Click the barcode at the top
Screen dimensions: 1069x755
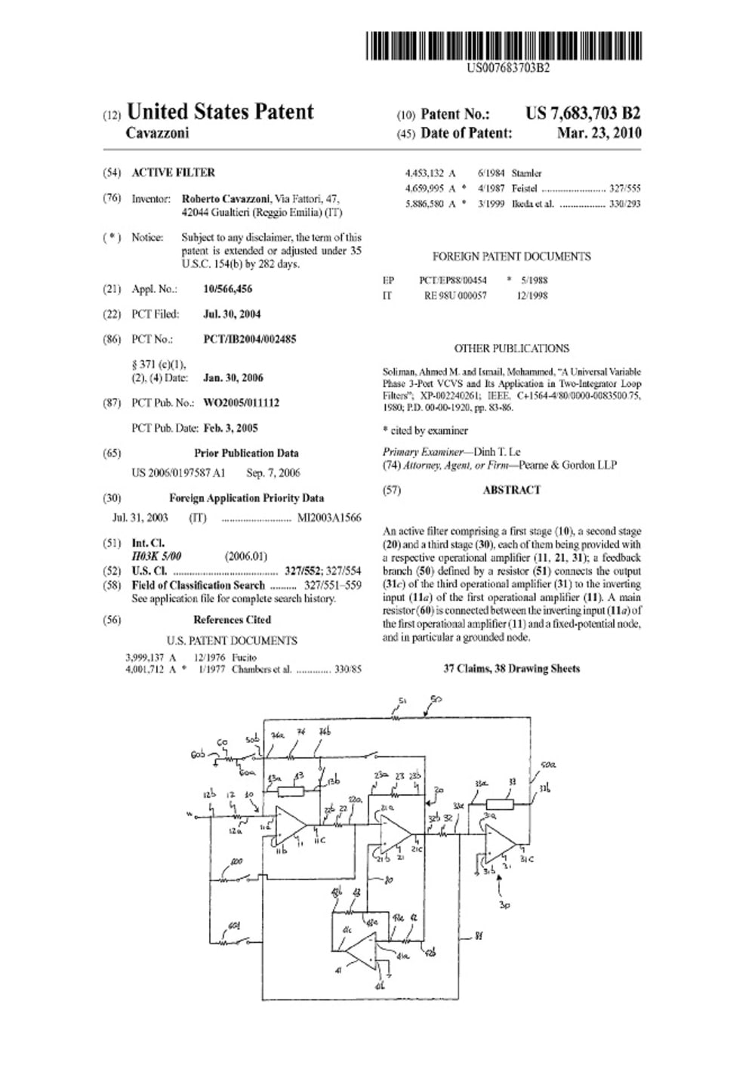pyautogui.click(x=504, y=45)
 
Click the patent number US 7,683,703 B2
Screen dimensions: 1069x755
pyautogui.click(x=583, y=113)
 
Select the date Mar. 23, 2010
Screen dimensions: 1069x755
pyautogui.click(x=599, y=133)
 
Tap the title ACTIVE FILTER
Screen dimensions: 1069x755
pyautogui.click(x=173, y=172)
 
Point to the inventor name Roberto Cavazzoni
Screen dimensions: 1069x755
pyautogui.click(x=226, y=199)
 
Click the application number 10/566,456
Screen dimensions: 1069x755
pyautogui.click(x=228, y=288)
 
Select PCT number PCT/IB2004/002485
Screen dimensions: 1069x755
pyautogui.click(x=250, y=339)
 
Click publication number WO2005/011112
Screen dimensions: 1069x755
pyautogui.click(x=242, y=402)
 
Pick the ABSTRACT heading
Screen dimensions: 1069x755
pyautogui.click(x=511, y=490)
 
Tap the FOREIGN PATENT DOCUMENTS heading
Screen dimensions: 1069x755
pyautogui.click(x=511, y=257)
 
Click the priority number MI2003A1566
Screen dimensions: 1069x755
pyautogui.click(x=329, y=518)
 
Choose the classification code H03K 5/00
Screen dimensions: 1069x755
pyautogui.click(x=157, y=556)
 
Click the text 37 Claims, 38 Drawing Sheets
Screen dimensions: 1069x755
pyautogui.click(x=511, y=668)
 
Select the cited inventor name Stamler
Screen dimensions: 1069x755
pyautogui.click(x=526, y=173)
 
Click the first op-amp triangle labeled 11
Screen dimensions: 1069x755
pyautogui.click(x=288, y=826)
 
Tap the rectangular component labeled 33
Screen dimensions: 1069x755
pyautogui.click(x=500, y=804)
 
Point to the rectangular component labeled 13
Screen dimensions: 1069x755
pyautogui.click(x=291, y=791)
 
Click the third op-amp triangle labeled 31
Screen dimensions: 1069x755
pyautogui.click(x=500, y=844)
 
